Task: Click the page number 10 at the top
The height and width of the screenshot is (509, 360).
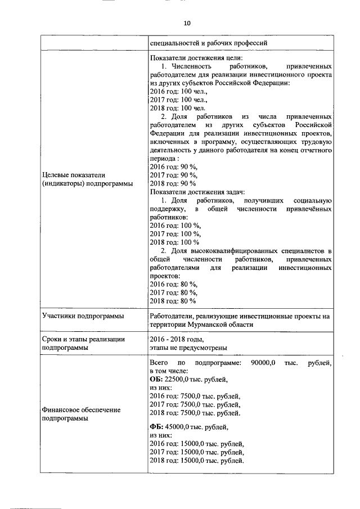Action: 187,23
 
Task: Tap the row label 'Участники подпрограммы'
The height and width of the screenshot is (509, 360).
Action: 83,316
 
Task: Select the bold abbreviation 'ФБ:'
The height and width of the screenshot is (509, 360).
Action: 156,427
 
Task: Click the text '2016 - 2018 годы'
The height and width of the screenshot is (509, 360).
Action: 175,339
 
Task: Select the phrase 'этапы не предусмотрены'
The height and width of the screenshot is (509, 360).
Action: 188,348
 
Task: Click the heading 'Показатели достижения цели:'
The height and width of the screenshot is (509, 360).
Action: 196,58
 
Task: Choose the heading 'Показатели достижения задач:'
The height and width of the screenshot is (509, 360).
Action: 198,192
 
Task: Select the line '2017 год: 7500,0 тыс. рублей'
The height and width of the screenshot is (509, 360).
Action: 195,404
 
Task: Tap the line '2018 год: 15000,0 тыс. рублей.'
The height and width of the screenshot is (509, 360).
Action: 197,460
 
